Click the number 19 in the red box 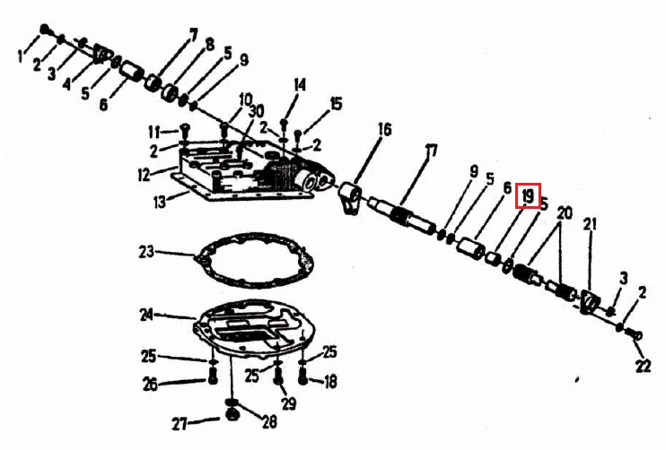[528, 196]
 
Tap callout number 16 [384, 130]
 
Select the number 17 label [431, 151]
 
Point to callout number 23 [146, 252]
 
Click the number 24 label [146, 315]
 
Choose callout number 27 [180, 424]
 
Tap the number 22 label [643, 366]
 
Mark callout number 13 [159, 203]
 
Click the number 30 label [256, 111]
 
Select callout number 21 [590, 224]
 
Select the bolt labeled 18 [302, 376]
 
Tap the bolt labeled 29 [278, 376]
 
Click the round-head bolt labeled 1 [45, 30]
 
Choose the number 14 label [300, 84]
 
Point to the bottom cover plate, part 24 [255, 326]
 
